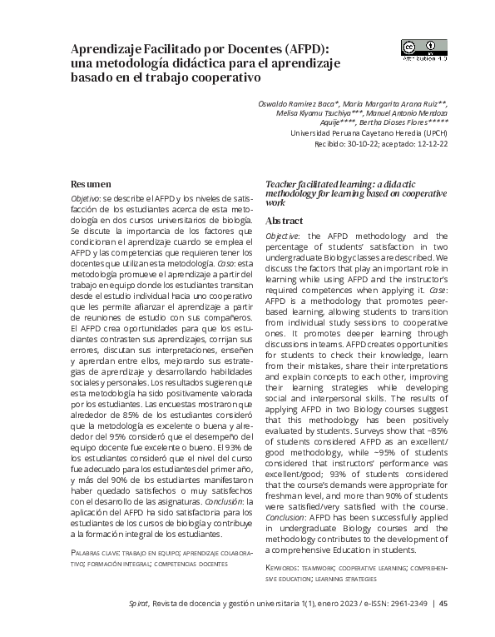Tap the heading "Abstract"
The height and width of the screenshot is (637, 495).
[284, 221]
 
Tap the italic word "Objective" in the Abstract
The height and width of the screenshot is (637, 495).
[283, 236]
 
